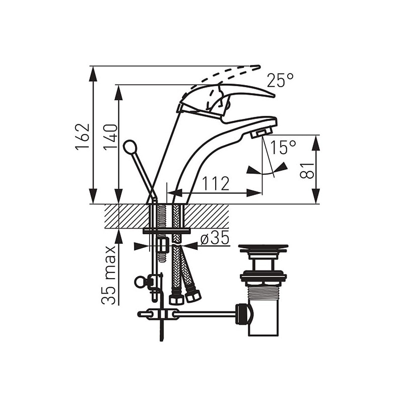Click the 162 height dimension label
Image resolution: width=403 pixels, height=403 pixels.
click(82, 136)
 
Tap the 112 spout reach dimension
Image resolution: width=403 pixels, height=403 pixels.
click(216, 183)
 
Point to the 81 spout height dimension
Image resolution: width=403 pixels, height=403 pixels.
click(307, 170)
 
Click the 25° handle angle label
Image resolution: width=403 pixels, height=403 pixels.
click(280, 80)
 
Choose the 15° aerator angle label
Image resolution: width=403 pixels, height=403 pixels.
click(283, 148)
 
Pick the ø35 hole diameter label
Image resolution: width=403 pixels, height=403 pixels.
click(215, 237)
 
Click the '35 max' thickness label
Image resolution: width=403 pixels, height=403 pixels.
click(108, 275)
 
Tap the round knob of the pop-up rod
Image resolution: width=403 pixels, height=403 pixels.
click(129, 147)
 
